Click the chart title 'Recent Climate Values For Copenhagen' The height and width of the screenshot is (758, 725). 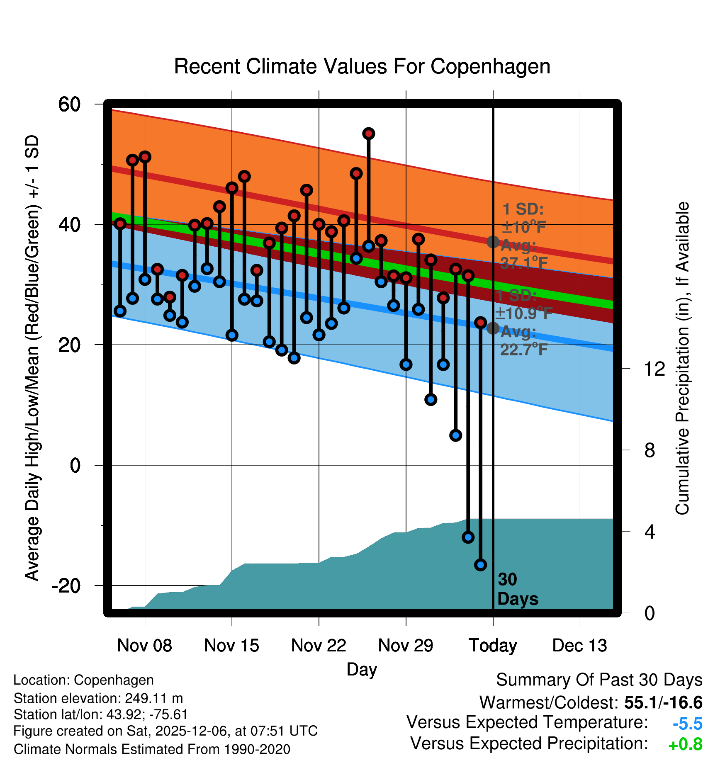[x=362, y=67]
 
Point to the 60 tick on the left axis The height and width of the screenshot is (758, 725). [x=69, y=104]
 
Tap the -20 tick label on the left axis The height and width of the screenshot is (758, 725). [x=66, y=586]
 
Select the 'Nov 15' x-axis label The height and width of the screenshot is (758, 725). [x=231, y=646]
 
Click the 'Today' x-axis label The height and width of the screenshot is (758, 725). [x=493, y=646]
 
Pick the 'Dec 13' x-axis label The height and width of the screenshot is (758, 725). [x=579, y=646]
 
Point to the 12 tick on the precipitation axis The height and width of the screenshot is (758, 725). [x=654, y=369]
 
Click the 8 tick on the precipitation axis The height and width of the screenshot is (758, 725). [x=650, y=450]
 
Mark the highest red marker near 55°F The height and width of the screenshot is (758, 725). [x=369, y=134]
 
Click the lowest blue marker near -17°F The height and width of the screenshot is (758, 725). [x=480, y=565]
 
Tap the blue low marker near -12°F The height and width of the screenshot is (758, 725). [x=468, y=537]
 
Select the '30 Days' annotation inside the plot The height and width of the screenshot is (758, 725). [x=517, y=589]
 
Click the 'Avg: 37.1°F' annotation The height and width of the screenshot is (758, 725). [x=523, y=254]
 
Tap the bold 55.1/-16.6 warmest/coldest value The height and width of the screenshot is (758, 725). [x=663, y=703]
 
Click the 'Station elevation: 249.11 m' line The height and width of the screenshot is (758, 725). [x=98, y=698]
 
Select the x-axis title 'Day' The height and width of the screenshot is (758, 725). [x=362, y=670]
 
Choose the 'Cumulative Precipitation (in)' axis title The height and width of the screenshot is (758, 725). [x=682, y=359]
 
